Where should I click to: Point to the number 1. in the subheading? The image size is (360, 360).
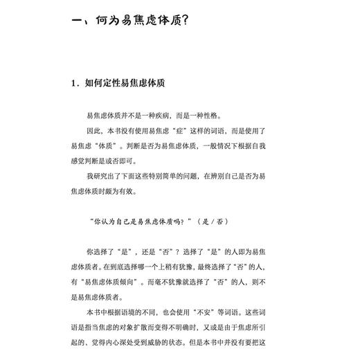pyautogui.click(x=75, y=84)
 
